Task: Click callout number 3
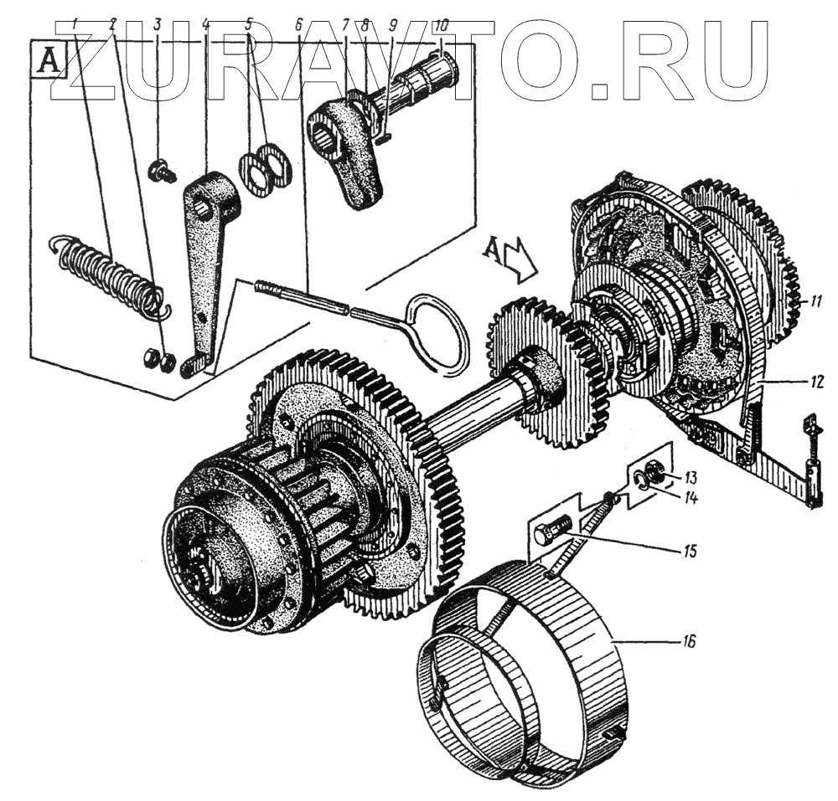(157, 25)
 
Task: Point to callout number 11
(807, 300)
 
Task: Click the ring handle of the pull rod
(437, 330)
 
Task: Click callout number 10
(442, 25)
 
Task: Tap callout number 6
(298, 25)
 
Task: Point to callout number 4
(205, 25)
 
